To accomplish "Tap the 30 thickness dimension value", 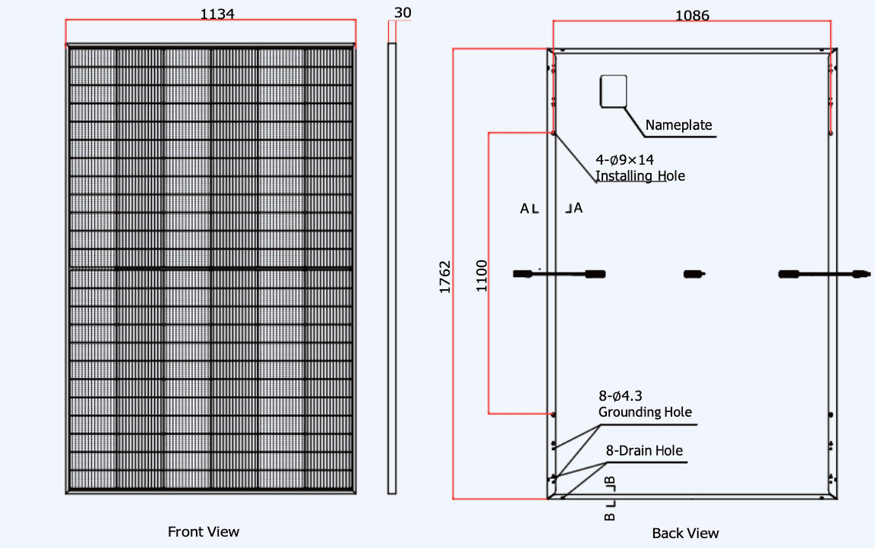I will (x=403, y=12).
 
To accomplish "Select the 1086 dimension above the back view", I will (x=691, y=14).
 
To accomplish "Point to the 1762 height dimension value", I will (x=445, y=278).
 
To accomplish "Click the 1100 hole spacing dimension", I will (x=482, y=276).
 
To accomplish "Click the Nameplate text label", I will (x=679, y=125).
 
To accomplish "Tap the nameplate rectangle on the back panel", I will (x=613, y=90).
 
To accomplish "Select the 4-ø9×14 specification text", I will (x=624, y=160).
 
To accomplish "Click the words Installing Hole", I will (x=640, y=176).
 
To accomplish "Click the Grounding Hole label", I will (x=645, y=412).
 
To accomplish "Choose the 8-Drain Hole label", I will (x=644, y=450).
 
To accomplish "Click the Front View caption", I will (x=204, y=531).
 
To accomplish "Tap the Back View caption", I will (x=685, y=533).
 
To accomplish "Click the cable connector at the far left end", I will (x=523, y=273).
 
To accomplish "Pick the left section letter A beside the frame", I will (x=524, y=208).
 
